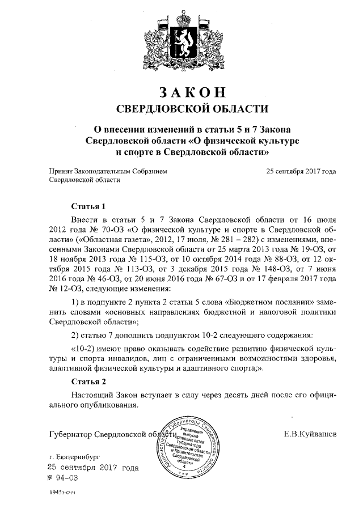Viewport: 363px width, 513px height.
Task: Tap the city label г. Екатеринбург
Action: pos(74,456)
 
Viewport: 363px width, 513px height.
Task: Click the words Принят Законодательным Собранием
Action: pos(108,171)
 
